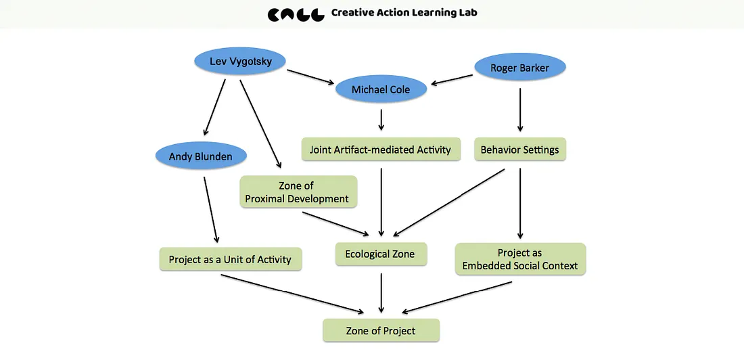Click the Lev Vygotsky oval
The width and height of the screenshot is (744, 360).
241,62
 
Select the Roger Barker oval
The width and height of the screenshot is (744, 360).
519,68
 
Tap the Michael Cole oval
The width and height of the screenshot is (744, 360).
381,89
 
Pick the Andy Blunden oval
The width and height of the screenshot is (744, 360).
200,156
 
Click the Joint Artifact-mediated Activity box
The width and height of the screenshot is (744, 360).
380,150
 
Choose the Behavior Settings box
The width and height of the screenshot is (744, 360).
519,150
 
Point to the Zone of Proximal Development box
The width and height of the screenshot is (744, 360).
297,192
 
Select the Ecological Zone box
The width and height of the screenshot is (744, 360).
380,254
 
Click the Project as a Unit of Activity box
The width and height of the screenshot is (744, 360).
230,259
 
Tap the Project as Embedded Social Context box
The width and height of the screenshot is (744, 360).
519,259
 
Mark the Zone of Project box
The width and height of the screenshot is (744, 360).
381,330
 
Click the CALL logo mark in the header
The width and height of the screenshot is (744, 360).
295,14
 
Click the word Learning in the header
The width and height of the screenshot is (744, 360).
425,13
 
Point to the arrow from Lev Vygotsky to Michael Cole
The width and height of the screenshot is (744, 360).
311,76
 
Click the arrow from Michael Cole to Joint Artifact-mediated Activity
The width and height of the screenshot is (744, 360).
381,120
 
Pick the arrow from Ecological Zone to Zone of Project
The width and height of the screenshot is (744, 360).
381,292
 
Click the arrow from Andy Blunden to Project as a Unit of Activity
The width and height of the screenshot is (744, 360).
210,208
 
